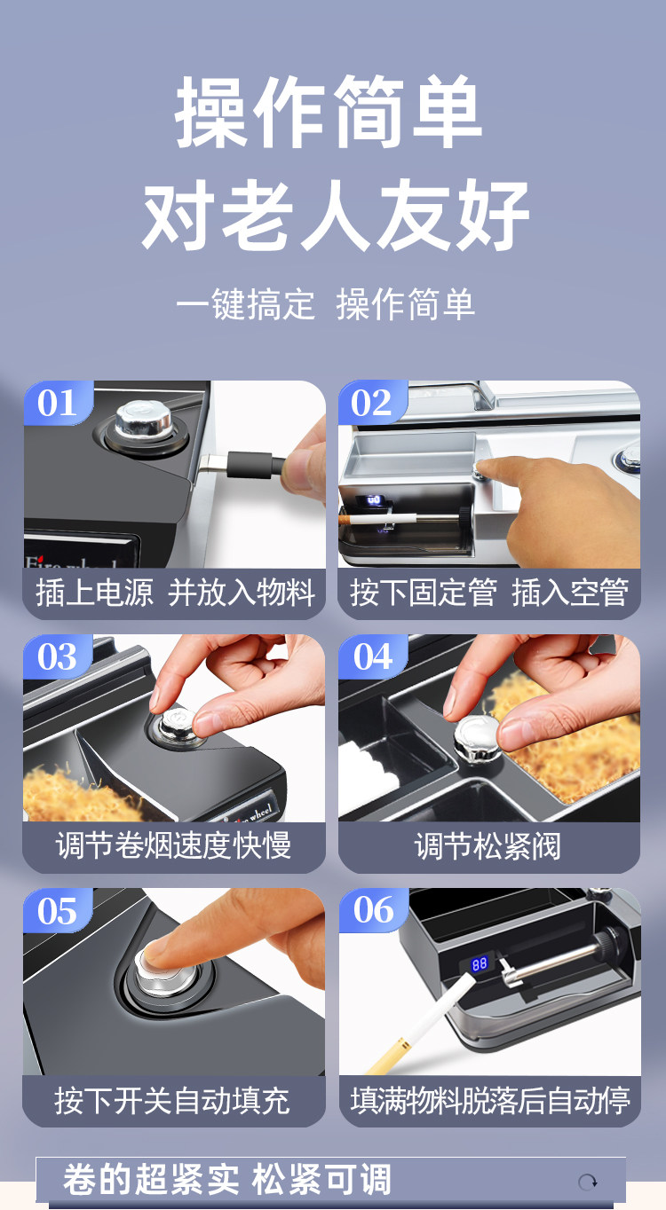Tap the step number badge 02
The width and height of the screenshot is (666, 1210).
point(372,403)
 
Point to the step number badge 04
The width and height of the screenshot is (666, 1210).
point(372,656)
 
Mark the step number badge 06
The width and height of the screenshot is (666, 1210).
point(373,911)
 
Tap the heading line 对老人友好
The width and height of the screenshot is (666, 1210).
point(335,215)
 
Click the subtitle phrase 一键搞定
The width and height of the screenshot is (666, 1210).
point(245,304)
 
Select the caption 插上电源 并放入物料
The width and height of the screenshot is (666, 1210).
point(175,593)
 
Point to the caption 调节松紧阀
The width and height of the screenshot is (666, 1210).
point(488,845)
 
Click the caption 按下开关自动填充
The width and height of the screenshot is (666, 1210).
point(172,1100)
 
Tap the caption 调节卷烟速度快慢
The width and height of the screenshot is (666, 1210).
point(173,845)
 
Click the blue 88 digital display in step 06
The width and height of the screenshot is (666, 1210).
point(480,964)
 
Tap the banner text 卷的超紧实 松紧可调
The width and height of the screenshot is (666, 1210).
point(227,1181)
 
